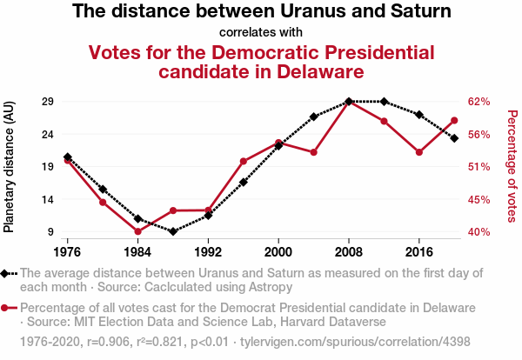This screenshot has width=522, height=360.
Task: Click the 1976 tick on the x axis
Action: click(67, 251)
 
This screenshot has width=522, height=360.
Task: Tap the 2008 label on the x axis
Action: click(349, 251)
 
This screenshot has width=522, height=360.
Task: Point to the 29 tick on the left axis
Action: click(49, 101)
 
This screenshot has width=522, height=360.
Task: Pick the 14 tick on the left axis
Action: click(49, 199)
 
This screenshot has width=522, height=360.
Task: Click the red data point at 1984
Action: click(137, 232)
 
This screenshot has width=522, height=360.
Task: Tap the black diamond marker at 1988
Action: click(173, 231)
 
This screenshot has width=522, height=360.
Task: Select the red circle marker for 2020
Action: click(454, 120)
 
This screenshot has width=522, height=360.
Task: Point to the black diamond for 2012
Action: click(385, 102)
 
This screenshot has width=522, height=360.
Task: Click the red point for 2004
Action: click(313, 152)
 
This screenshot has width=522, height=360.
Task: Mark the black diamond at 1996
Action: click(244, 182)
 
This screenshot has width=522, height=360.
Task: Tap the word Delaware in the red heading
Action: click(309, 71)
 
